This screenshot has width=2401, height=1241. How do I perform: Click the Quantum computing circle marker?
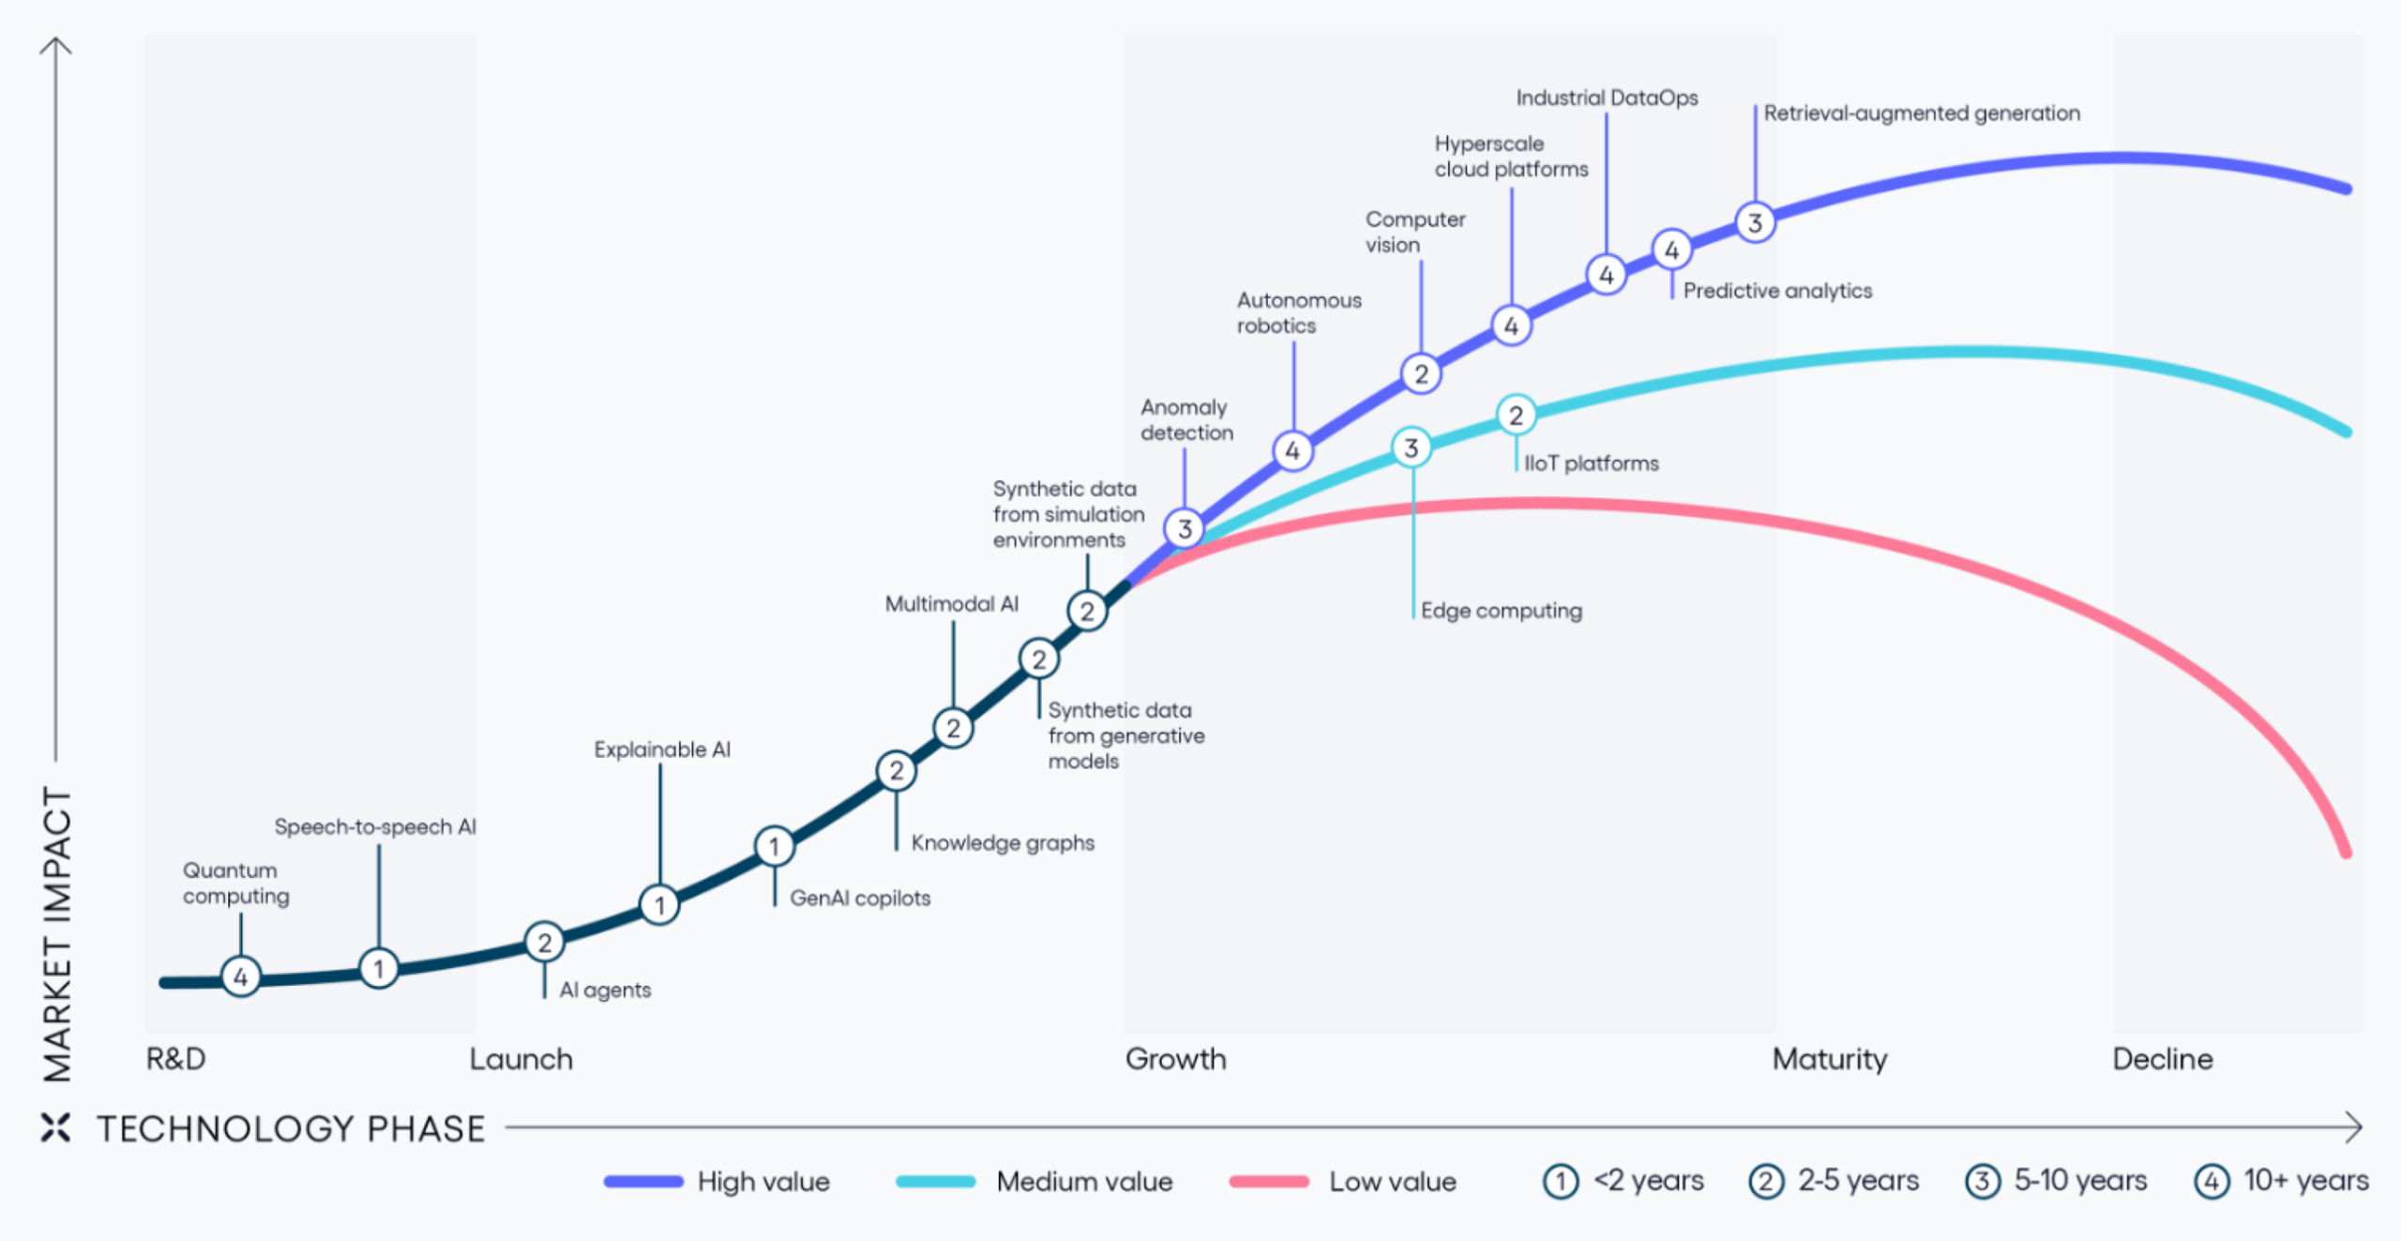tap(241, 976)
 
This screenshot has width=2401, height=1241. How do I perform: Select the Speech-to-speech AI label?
tap(375, 826)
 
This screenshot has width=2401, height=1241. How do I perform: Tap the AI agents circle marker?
tap(544, 942)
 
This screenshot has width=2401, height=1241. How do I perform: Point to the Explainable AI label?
tap(662, 749)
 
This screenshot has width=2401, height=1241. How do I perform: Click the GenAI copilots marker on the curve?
tap(774, 846)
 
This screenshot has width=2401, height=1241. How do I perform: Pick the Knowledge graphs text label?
tap(1003, 842)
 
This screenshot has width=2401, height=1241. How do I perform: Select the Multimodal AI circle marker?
tap(953, 728)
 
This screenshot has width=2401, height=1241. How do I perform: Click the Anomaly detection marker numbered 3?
tap(1185, 529)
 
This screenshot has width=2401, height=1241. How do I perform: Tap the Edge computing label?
tap(1501, 611)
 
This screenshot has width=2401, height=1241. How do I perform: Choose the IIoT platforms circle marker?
tap(1516, 416)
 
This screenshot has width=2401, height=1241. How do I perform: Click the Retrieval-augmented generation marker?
tap(1755, 223)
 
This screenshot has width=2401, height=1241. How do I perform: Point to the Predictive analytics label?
tap(1777, 291)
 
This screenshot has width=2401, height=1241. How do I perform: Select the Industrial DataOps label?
tap(1607, 98)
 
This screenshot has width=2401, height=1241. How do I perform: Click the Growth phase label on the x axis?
tap(1175, 1059)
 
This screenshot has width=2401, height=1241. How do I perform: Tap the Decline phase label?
tap(2162, 1059)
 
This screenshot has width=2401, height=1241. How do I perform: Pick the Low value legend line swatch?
tap(1268, 1182)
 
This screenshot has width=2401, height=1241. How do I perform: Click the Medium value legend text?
tap(1084, 1182)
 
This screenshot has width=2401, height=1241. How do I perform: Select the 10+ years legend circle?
tap(2211, 1181)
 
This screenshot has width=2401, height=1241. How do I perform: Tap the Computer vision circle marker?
tap(1421, 374)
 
